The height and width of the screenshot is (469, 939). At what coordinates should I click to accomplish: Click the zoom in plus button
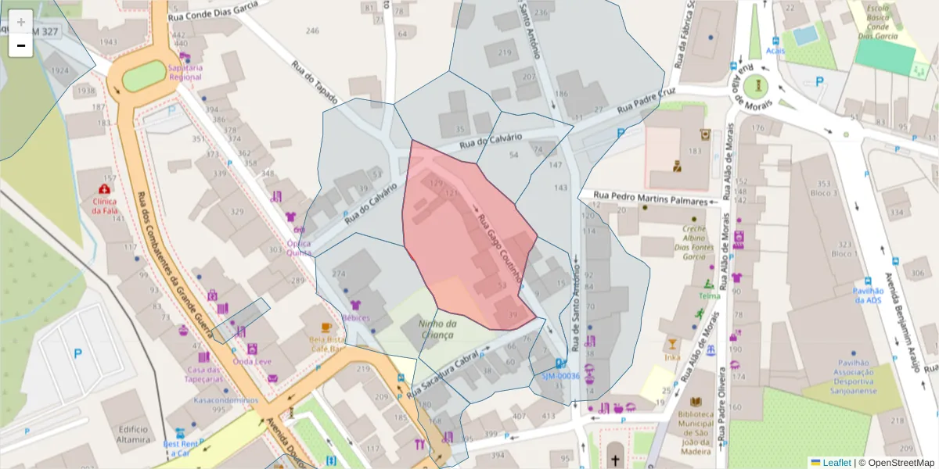pos(20,22)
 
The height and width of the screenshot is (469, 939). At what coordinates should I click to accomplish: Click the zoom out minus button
pos(20,45)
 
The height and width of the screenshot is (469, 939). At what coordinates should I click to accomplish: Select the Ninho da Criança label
pos(437,329)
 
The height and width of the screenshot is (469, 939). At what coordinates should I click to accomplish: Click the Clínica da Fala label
pos(103,205)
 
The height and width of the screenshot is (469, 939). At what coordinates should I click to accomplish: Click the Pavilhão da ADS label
pos(868,295)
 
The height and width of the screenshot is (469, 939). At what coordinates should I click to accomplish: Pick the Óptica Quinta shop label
pos(298,247)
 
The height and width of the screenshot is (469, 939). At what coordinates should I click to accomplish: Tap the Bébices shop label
pos(355,317)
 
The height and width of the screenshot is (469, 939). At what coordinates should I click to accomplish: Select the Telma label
pos(709,295)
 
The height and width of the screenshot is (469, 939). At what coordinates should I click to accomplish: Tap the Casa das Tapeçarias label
pos(204,374)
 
